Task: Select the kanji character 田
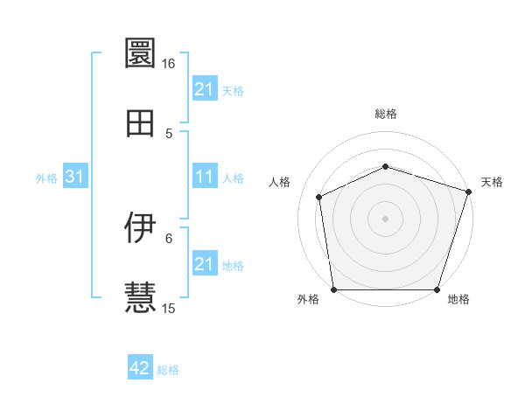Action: point(140,122)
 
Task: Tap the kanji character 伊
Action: point(140,227)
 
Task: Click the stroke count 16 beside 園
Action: point(168,64)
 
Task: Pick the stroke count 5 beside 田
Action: point(170,134)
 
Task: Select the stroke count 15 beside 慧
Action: point(168,309)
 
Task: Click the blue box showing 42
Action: point(140,369)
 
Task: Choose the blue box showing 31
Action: point(75,178)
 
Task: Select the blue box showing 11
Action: point(205,178)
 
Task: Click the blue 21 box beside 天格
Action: point(205,89)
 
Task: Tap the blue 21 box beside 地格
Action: point(205,264)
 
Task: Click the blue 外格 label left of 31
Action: point(46,178)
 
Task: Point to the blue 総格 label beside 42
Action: point(168,370)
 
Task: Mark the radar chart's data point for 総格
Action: point(385,166)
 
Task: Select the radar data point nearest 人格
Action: point(319,197)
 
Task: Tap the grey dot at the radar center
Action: point(385,219)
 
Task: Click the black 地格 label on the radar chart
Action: point(458,300)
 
